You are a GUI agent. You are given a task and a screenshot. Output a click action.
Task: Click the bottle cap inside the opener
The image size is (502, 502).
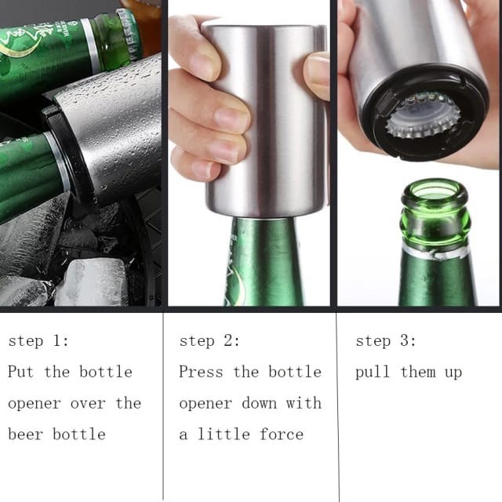[424, 115]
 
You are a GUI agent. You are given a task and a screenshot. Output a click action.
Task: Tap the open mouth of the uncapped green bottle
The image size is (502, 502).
[435, 192]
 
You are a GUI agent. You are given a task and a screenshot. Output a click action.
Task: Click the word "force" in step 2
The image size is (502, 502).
[282, 435]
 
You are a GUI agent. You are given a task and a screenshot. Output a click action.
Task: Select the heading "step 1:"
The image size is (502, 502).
[38, 340]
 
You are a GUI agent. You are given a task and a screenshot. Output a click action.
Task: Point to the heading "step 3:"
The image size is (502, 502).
[386, 340]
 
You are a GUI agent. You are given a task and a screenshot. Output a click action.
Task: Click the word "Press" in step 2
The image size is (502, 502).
[201, 371]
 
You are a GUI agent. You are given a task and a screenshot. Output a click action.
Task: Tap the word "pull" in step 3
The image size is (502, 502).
[373, 373]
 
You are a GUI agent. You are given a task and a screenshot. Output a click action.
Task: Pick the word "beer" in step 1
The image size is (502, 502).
[25, 435]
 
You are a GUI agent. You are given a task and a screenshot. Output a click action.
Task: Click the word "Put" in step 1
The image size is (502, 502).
[21, 371]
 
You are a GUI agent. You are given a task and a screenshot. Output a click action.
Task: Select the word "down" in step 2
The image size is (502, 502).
[260, 403]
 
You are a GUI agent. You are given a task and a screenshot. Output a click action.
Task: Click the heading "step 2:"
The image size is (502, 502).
[209, 340]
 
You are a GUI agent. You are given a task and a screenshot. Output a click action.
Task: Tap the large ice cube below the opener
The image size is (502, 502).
[93, 282]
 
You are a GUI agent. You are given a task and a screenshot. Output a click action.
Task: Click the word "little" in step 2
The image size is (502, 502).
[224, 435]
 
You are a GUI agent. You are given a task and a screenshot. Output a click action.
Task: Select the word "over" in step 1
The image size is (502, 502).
[88, 404]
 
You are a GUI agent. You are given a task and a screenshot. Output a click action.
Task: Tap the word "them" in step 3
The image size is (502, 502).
[418, 372]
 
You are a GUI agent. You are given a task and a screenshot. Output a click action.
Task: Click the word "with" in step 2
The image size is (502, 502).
[304, 402]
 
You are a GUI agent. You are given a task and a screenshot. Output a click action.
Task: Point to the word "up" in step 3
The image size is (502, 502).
[453, 373]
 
